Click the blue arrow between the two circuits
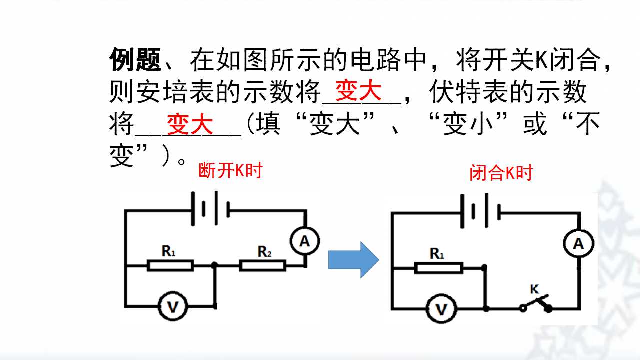[354, 260]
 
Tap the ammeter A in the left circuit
[305, 241]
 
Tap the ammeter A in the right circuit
[579, 243]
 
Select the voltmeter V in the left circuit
[173, 306]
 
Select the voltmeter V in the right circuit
[441, 309]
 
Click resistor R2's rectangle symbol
[262, 265]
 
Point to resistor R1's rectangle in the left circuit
[170, 265]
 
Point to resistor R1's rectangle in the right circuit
[439, 268]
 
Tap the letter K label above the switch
[535, 289]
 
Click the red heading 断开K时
[230, 170]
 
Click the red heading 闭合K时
[501, 173]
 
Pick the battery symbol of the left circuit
[211, 209]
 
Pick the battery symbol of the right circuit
[481, 211]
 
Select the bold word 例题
[135, 59]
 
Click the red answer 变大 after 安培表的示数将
[358, 91]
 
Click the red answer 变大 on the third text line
[190, 124]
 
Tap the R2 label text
[264, 251]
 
